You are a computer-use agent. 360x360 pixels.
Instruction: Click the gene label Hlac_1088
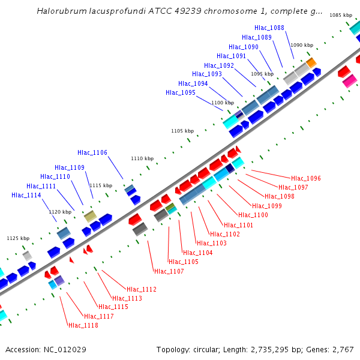269,28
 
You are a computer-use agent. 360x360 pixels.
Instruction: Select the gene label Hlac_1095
181,92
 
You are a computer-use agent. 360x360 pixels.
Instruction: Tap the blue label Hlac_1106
92,152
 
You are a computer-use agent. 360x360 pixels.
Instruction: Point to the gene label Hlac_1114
26,195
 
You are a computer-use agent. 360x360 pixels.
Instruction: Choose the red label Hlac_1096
306,178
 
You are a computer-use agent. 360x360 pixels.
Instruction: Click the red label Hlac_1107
169,271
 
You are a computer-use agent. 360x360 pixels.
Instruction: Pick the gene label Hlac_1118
83,325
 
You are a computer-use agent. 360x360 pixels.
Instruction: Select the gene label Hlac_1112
142,289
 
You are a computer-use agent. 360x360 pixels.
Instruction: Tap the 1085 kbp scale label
341,15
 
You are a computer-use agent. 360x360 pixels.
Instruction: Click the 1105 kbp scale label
182,131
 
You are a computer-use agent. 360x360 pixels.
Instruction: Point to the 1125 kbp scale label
18,238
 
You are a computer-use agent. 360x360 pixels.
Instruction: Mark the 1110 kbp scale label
142,158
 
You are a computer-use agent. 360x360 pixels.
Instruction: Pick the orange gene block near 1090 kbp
311,62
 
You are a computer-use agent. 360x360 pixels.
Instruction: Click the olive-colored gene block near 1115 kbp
90,216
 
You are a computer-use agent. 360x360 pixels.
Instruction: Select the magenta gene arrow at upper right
349,82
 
